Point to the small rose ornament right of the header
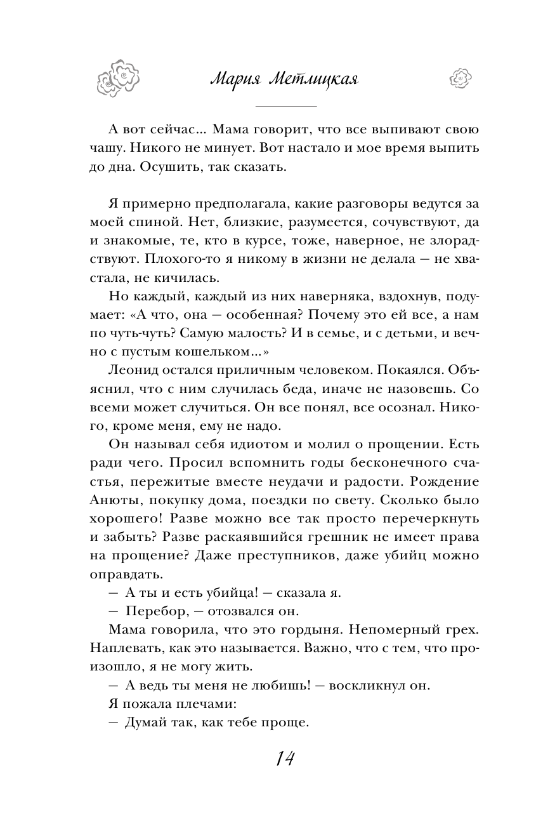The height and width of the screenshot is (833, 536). (x=460, y=78)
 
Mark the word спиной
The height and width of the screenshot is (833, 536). (x=138, y=223)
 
